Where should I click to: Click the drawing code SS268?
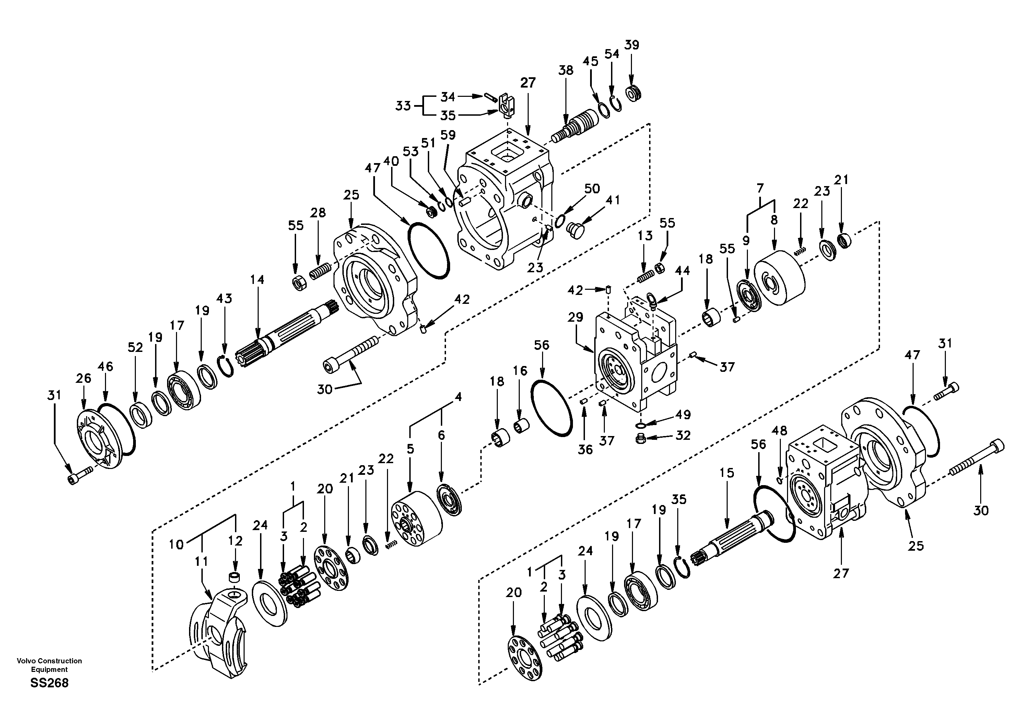49,683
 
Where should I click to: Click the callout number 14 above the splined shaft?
257,279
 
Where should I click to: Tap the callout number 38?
566,70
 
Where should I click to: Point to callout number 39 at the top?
632,45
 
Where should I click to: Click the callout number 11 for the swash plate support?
201,562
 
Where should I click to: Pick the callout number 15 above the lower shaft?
726,473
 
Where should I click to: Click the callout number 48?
779,431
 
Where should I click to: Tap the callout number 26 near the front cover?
83,378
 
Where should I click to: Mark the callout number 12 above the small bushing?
235,541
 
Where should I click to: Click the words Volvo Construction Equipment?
49,665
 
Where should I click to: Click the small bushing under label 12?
234,578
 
